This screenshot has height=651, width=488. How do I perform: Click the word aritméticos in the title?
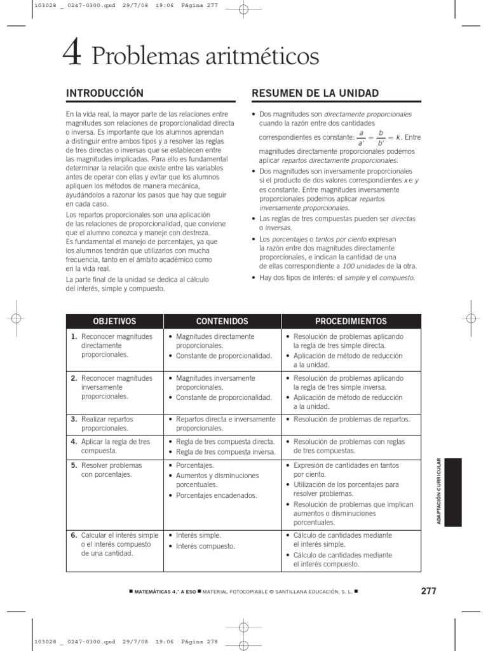click(248, 57)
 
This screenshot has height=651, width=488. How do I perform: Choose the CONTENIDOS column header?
click(222, 321)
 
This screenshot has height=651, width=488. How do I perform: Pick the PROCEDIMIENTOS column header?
click(351, 321)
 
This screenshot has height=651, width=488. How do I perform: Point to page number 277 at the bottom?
click(428, 591)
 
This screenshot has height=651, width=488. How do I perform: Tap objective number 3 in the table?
click(74, 420)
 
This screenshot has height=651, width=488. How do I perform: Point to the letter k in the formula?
click(397, 137)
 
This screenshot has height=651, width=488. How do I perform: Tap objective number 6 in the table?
click(74, 535)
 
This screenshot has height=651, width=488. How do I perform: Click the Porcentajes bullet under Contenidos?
click(196, 465)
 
